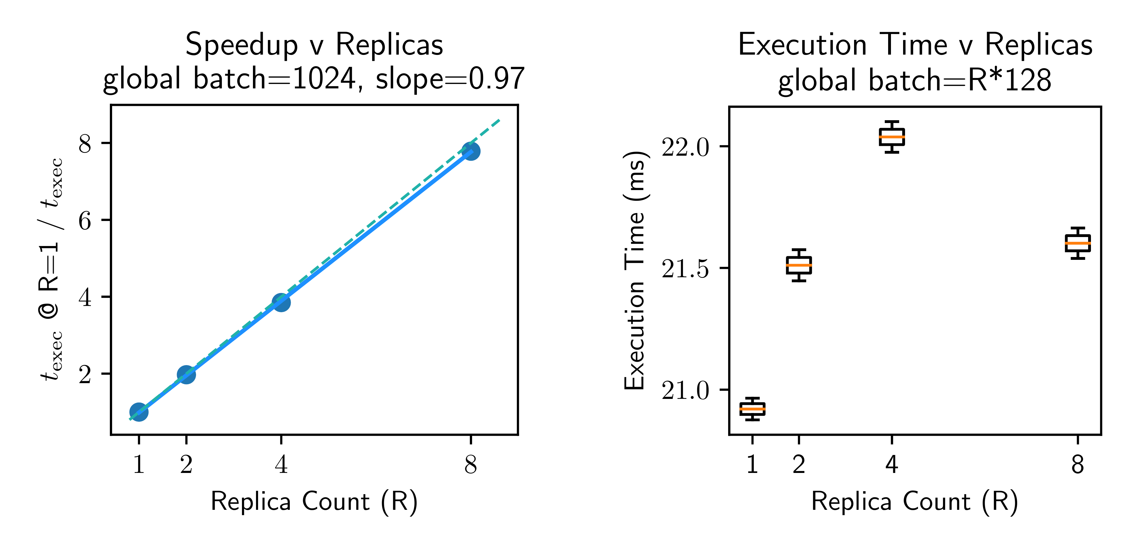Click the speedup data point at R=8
[x=471, y=151]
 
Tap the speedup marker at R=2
[x=186, y=374]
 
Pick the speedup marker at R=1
[x=139, y=412]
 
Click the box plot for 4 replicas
[x=892, y=137]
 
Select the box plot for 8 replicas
[x=1077, y=243]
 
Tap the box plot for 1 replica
[x=752, y=409]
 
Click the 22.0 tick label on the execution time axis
[x=685, y=147]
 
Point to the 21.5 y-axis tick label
[x=685, y=269]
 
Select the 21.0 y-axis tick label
[x=685, y=391]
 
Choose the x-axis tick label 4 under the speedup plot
[x=281, y=465]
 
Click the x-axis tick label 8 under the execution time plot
[x=1077, y=465]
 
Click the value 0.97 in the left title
[x=497, y=79]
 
